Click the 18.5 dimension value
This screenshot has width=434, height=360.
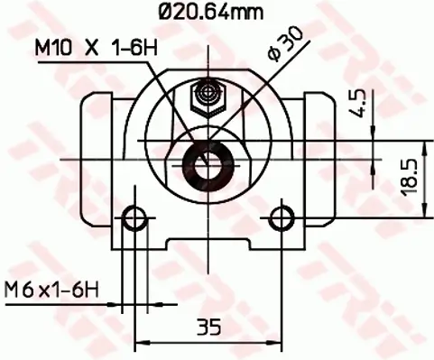click(408, 176)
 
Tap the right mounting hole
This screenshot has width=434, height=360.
click(283, 216)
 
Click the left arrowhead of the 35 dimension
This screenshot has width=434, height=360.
click(141, 341)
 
